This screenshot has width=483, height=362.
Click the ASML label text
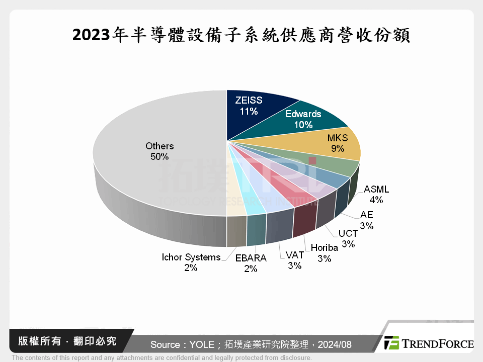(x=376, y=190)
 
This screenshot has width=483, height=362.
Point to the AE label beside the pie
(x=366, y=215)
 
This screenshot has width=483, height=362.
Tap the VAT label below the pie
(x=294, y=255)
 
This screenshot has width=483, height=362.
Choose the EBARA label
(x=251, y=258)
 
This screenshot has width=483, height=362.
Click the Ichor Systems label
(x=191, y=257)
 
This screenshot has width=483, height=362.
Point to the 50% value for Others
(x=159, y=156)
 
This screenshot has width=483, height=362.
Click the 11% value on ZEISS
(x=249, y=111)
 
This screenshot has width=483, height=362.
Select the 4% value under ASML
(x=376, y=200)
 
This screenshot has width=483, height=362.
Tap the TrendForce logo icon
(x=391, y=343)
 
